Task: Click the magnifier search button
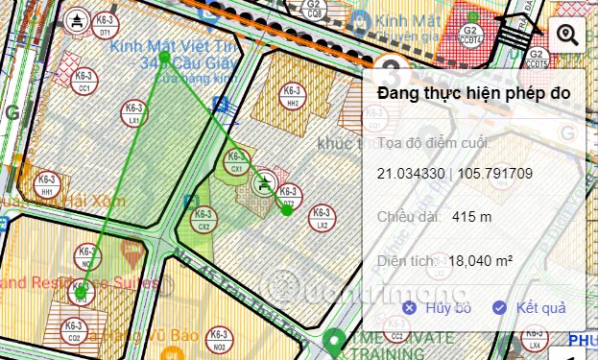click(x=567, y=36)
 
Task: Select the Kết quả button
click(x=529, y=308)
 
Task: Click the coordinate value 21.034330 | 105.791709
click(x=455, y=174)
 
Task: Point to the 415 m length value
click(x=471, y=217)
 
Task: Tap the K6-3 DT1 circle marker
click(x=106, y=25)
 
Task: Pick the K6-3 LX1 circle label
click(x=134, y=115)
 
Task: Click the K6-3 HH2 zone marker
click(x=293, y=95)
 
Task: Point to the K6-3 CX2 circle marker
click(x=203, y=220)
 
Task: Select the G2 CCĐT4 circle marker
click(x=470, y=35)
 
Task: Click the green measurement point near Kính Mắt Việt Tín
click(x=164, y=57)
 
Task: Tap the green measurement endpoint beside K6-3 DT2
click(x=287, y=211)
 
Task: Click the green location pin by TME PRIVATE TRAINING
click(x=334, y=339)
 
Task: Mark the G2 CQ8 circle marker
click(x=313, y=10)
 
